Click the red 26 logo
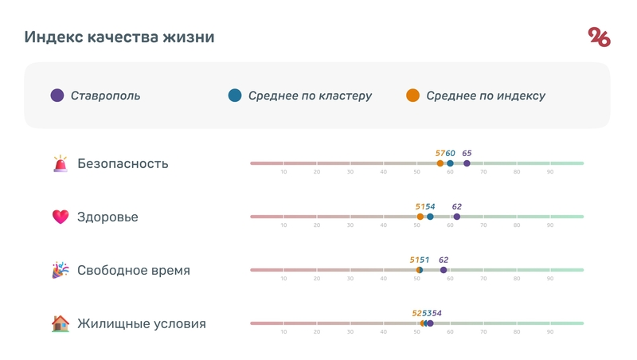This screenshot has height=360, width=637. click(x=599, y=37)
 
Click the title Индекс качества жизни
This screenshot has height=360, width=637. click(x=119, y=37)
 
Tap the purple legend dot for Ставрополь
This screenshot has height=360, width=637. click(x=57, y=96)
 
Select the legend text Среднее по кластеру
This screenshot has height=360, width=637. click(x=310, y=96)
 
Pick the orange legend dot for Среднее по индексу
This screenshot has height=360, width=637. click(x=412, y=96)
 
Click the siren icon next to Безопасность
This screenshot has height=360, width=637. click(x=61, y=164)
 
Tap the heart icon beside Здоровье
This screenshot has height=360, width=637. click(x=61, y=217)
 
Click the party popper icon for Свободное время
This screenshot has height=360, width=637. click(x=61, y=270)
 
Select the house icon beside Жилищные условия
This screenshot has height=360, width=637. click(x=61, y=323)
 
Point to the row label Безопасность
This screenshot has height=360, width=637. click(x=123, y=164)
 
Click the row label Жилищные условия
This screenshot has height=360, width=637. click(x=141, y=323)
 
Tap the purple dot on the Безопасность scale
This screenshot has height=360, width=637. click(x=467, y=163)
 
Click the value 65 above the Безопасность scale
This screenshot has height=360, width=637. click(x=467, y=153)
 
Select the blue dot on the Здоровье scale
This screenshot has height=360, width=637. click(x=430, y=217)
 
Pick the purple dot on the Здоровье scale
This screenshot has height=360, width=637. click(x=457, y=217)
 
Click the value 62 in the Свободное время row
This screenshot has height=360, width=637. click(x=444, y=260)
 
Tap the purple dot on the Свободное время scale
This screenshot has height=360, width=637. click(x=444, y=270)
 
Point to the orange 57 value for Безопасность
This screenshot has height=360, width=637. click(x=440, y=153)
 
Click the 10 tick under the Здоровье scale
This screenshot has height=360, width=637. click(x=283, y=225)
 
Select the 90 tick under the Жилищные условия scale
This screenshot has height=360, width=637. click(x=549, y=332)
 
